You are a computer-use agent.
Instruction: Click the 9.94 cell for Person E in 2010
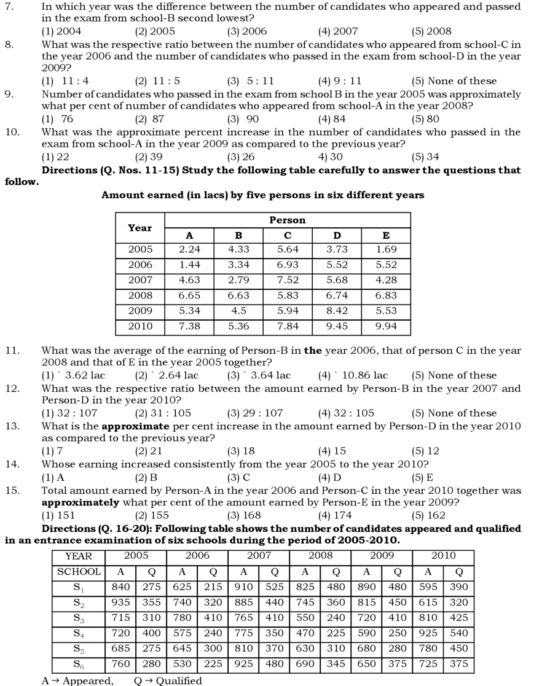tap(386, 326)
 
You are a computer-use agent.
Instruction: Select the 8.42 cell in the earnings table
tap(337, 311)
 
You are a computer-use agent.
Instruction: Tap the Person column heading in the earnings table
tap(287, 220)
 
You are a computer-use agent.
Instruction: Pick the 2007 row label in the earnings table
tap(140, 280)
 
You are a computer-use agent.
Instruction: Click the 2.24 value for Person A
tap(189, 249)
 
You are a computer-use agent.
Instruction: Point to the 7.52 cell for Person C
tap(288, 280)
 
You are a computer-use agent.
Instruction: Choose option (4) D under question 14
tap(330, 477)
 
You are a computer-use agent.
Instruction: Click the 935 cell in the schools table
tap(120, 602)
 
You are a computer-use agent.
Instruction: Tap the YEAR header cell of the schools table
tap(78, 556)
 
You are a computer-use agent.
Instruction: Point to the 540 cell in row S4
tap(458, 633)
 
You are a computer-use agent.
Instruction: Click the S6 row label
tap(78, 664)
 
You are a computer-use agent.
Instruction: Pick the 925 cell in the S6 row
tap(243, 663)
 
